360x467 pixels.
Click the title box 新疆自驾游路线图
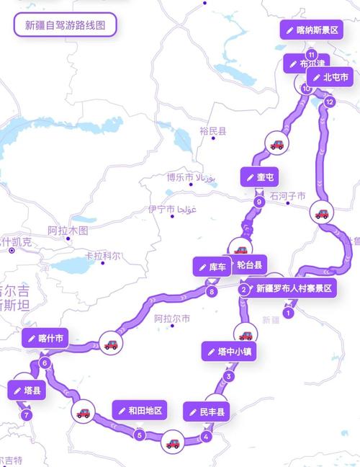tap(65, 25)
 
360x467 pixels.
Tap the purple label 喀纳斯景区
tap(311, 30)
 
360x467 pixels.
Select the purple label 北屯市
tap(330, 77)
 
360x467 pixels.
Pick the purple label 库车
tap(212, 267)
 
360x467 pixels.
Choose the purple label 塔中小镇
tap(229, 352)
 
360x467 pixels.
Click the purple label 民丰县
tap(207, 412)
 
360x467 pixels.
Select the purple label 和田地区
tap(140, 411)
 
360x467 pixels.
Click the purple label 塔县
tap(27, 391)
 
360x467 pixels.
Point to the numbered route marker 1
tap(288, 313)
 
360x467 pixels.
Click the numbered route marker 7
tap(27, 415)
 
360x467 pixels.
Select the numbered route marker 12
tap(330, 102)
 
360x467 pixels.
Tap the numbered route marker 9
tap(258, 202)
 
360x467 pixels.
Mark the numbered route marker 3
tap(229, 376)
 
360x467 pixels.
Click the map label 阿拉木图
tap(68, 231)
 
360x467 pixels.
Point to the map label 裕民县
tap(213, 131)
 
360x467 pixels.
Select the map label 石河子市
tap(288, 196)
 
